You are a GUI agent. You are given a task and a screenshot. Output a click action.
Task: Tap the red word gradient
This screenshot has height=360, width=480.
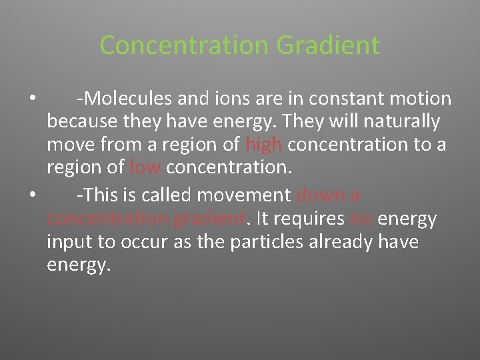(x=207, y=219)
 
